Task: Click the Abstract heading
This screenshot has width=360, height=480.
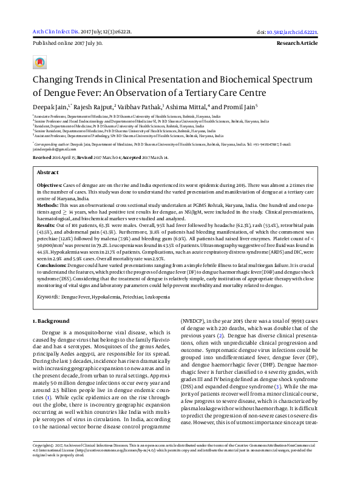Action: pos(49,173)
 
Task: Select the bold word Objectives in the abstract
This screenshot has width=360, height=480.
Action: pos(49,184)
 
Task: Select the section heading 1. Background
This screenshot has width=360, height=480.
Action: pos(51,320)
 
